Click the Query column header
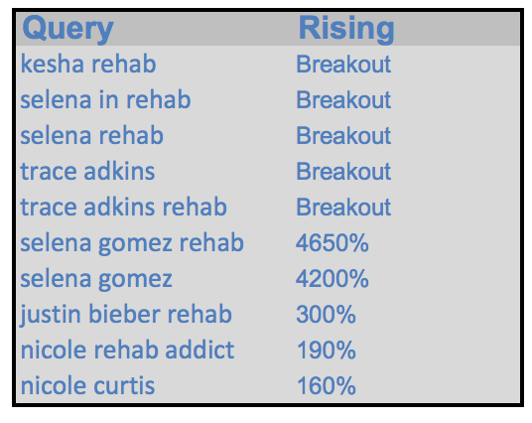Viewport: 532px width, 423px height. [x=67, y=29]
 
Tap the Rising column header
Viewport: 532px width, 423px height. [x=346, y=29]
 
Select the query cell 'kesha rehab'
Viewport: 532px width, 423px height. [x=88, y=64]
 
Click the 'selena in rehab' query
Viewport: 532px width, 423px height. [x=105, y=99]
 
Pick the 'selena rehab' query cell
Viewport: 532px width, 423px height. [x=92, y=135]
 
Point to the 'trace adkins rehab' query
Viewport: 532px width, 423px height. [x=123, y=207]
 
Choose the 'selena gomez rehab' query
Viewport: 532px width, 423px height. [x=132, y=243]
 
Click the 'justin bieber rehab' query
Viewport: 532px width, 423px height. [x=126, y=314]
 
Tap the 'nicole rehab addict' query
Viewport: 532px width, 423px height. [x=127, y=350]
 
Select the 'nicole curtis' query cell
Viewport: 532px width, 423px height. [x=87, y=385]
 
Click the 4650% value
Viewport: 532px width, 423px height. [x=332, y=242]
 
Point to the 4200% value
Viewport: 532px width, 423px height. [x=332, y=278]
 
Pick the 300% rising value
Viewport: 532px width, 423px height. [x=327, y=314]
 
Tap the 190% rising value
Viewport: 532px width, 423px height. [x=327, y=350]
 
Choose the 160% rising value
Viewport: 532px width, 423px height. [x=327, y=385]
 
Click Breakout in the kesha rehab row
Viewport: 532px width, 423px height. [x=343, y=64]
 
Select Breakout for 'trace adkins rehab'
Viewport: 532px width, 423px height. [x=343, y=207]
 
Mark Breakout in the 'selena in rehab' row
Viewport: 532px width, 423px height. [x=343, y=99]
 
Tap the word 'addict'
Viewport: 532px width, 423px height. [x=199, y=350]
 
